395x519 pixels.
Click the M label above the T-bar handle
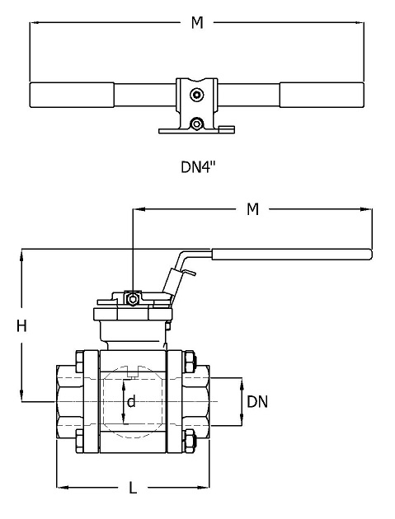tap(197, 22)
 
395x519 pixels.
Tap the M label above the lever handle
tap(253, 209)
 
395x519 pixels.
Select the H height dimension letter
tap(21, 326)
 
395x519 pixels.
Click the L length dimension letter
tap(133, 489)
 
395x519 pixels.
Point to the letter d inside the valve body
tap(132, 402)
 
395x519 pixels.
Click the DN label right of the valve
tap(257, 402)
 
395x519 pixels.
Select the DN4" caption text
tap(198, 166)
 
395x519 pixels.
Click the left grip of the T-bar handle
tap(72, 96)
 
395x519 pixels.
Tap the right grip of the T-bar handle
tap(322, 96)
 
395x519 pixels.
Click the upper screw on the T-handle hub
tap(196, 95)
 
